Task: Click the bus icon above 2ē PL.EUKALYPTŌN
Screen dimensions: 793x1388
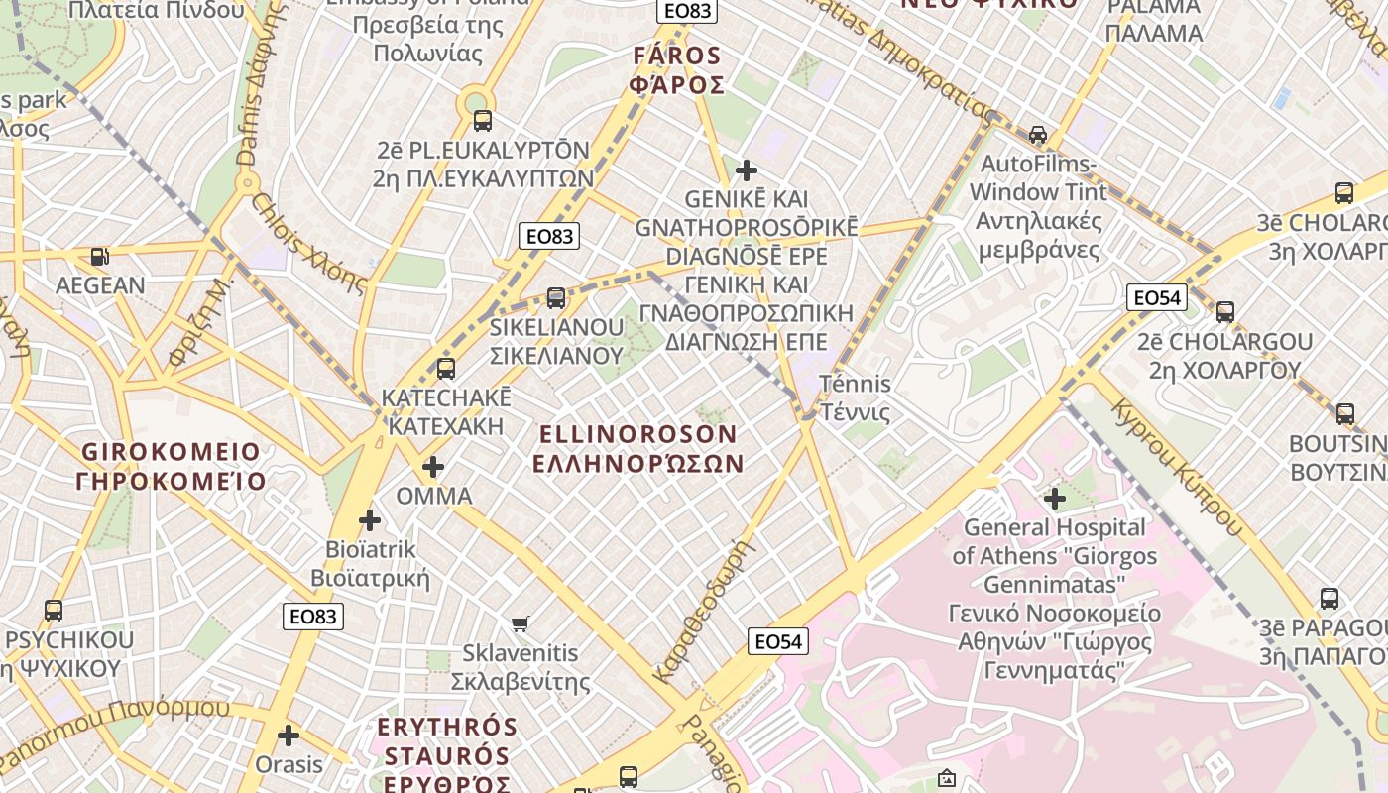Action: coord(483,121)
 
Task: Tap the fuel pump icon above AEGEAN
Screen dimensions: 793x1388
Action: coord(100,257)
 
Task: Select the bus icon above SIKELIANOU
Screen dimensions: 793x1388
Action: coord(556,297)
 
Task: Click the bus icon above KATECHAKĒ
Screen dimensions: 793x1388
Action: coord(446,369)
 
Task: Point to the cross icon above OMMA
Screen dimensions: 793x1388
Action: coord(433,466)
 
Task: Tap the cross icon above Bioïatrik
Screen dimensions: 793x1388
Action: coord(370,519)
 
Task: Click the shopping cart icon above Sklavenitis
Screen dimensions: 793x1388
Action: coord(520,623)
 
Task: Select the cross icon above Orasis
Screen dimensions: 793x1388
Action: coord(289,736)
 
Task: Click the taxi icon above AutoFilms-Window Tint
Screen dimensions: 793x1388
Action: coord(1038,134)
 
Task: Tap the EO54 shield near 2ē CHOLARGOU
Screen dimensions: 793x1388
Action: coord(1157,297)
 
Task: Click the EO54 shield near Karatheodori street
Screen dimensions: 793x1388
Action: coord(778,641)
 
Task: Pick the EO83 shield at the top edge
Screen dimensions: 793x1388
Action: coord(687,11)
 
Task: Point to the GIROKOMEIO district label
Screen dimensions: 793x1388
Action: coord(172,452)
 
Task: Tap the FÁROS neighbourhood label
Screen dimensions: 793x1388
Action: coord(676,56)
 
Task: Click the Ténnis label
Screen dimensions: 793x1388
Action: coord(856,384)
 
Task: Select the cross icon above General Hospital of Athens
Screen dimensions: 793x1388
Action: coord(1055,498)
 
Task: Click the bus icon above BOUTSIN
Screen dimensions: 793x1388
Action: coord(1345,413)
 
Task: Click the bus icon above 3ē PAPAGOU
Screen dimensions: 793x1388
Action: coord(1330,599)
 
